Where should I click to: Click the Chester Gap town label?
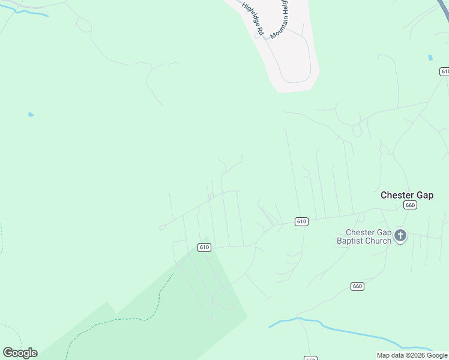(406, 196)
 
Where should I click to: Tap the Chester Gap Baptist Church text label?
(369, 237)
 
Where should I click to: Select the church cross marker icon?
(400, 236)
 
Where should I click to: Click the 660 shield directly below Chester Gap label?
(410, 205)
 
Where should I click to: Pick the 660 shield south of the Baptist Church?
(358, 286)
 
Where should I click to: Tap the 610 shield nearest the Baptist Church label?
(301, 221)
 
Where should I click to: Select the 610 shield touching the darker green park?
(205, 247)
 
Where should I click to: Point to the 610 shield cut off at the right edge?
(444, 71)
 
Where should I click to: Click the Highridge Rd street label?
(253, 18)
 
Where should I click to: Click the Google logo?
(20, 353)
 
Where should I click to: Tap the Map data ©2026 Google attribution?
(412, 356)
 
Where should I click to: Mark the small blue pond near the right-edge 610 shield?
(430, 58)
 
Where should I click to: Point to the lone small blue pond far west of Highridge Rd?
(31, 114)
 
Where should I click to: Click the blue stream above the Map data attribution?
(360, 336)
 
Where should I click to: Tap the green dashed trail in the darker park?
(120, 319)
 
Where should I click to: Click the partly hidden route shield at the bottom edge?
(310, 358)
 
